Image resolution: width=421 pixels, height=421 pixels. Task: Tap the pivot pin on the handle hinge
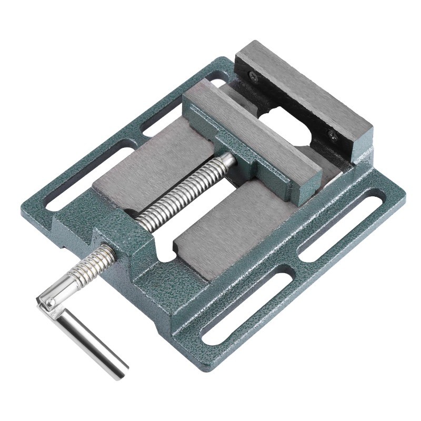click(48, 302)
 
